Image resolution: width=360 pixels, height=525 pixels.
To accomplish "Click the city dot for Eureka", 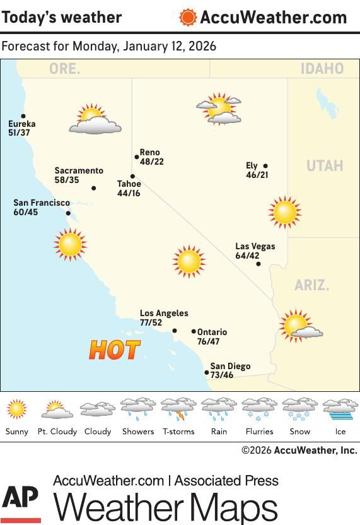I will click(23, 116).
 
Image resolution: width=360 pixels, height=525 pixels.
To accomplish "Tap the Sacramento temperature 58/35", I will click(67, 180).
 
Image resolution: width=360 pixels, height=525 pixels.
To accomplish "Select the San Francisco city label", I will click(42, 203).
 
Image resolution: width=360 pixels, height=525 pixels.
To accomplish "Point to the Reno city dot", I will click(137, 157).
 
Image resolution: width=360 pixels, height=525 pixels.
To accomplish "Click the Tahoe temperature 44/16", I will click(129, 193).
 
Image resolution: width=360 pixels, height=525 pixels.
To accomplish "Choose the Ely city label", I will click(252, 166).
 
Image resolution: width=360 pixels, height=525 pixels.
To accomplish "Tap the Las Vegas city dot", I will click(258, 264).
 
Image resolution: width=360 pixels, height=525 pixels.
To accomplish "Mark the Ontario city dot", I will click(194, 331).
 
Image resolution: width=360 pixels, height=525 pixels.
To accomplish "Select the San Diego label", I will click(230, 366).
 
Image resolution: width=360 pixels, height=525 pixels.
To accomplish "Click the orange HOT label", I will click(114, 350).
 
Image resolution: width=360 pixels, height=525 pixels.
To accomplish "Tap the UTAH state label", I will click(324, 166).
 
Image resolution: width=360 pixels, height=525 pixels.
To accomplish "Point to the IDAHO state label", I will click(322, 69).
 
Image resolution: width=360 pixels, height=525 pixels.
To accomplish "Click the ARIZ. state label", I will click(311, 285).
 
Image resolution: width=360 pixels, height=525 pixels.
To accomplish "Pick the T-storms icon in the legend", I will click(178, 410).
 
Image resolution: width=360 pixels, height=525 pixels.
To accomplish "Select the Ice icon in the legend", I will click(340, 410).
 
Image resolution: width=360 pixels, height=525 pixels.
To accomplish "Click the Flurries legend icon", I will click(259, 410).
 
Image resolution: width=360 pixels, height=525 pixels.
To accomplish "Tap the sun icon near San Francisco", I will click(69, 244).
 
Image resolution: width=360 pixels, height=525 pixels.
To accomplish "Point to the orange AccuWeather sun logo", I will click(188, 18).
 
